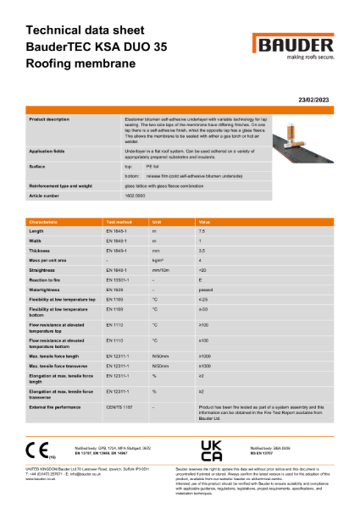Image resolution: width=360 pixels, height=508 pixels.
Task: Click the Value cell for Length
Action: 202,230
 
